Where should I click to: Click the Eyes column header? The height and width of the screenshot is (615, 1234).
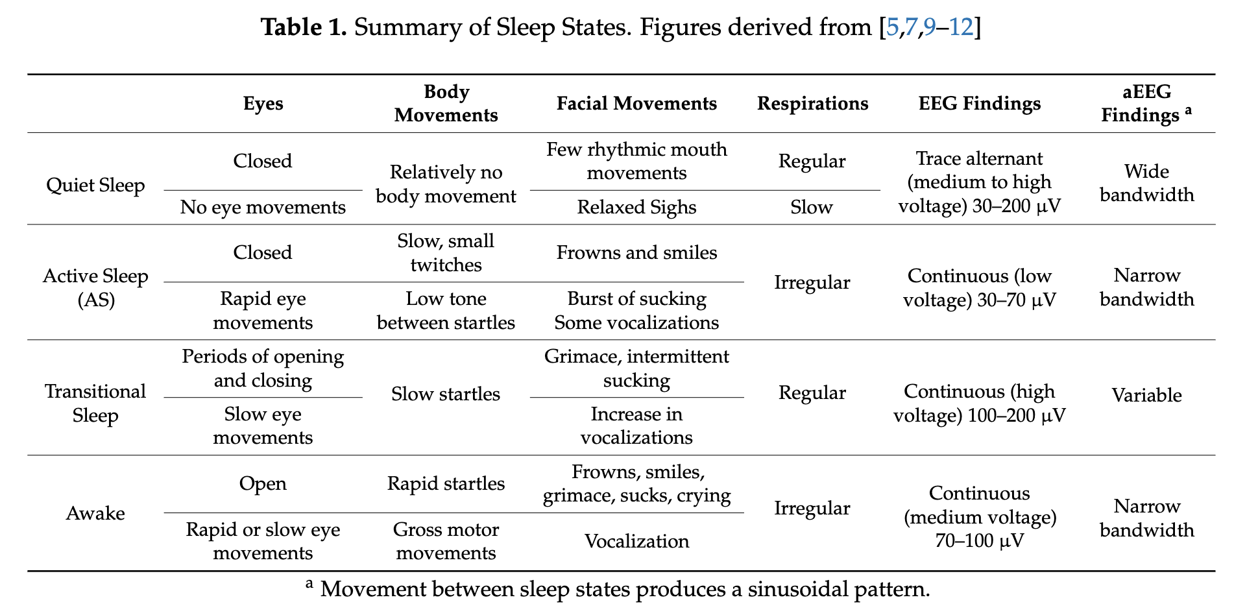coord(263,104)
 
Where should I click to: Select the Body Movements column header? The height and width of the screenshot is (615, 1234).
coord(446,103)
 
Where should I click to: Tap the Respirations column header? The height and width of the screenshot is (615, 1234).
coord(812,104)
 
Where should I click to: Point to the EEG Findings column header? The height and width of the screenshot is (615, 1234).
coord(979,104)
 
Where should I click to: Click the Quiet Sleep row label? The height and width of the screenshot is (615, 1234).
coord(95,186)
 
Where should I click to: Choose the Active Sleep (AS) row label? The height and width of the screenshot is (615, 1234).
coord(95,287)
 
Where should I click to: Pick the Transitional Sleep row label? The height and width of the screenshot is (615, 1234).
coord(95,403)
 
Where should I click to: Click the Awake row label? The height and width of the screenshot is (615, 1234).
coord(95,513)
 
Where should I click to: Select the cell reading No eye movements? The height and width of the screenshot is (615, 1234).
coord(263,207)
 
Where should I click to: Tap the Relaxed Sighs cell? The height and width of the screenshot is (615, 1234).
coord(636,207)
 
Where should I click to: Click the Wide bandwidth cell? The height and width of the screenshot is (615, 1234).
coord(1146,183)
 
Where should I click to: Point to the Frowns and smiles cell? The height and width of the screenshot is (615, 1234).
coord(636,252)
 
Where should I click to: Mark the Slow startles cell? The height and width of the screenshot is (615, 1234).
coord(446,394)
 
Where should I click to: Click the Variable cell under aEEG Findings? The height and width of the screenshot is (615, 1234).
coord(1146,395)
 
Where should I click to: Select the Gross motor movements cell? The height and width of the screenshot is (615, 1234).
coord(446,541)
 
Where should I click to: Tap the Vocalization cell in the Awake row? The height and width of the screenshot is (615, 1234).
coord(636,541)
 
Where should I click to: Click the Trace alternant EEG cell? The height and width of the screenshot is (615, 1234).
coord(979,183)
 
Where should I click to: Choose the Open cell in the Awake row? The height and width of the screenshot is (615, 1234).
coord(263,483)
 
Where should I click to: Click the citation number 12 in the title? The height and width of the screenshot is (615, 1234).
coord(962,27)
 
